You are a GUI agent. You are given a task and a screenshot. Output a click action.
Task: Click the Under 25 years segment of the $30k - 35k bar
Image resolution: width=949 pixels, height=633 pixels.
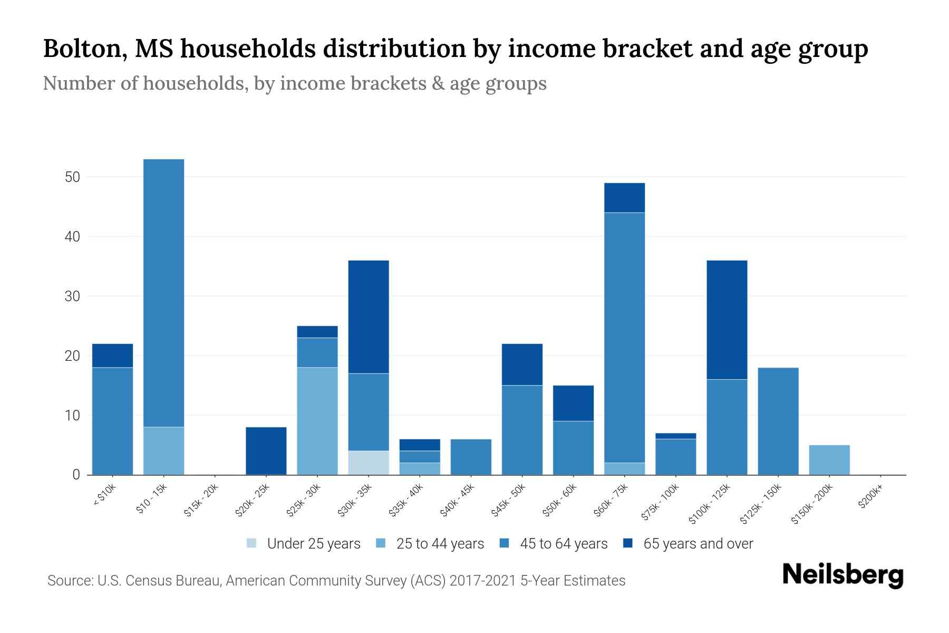point(369,463)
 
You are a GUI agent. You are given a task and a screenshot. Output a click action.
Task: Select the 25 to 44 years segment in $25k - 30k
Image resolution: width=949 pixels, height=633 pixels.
point(317,421)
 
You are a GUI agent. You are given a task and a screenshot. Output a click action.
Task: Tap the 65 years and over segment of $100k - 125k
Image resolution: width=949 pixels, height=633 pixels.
point(727,320)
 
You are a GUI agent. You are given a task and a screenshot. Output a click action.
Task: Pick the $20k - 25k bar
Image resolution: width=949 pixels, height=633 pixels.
point(266,451)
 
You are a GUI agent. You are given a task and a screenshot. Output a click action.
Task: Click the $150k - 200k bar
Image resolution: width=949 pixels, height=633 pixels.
point(829,460)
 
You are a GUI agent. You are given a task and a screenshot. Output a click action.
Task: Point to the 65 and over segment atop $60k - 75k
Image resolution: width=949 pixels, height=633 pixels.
point(624,198)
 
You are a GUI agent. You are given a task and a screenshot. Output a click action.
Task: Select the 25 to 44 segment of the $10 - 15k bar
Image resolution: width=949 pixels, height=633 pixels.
point(163,450)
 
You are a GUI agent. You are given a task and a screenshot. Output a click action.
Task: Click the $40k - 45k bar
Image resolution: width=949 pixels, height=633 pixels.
point(471,457)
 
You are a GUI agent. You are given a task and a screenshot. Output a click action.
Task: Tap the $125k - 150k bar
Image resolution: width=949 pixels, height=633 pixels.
point(778,421)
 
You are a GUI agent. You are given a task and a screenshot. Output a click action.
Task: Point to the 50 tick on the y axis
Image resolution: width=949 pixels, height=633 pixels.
point(72,177)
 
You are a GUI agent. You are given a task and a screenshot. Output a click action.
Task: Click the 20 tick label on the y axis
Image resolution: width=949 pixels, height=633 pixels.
point(72,356)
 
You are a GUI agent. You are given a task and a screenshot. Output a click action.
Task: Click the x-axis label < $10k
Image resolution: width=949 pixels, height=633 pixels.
point(104,496)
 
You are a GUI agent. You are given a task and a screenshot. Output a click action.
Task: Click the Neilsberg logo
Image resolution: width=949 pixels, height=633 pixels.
point(843,576)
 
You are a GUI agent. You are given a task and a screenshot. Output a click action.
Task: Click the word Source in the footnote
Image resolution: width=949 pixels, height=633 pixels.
point(70,581)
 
